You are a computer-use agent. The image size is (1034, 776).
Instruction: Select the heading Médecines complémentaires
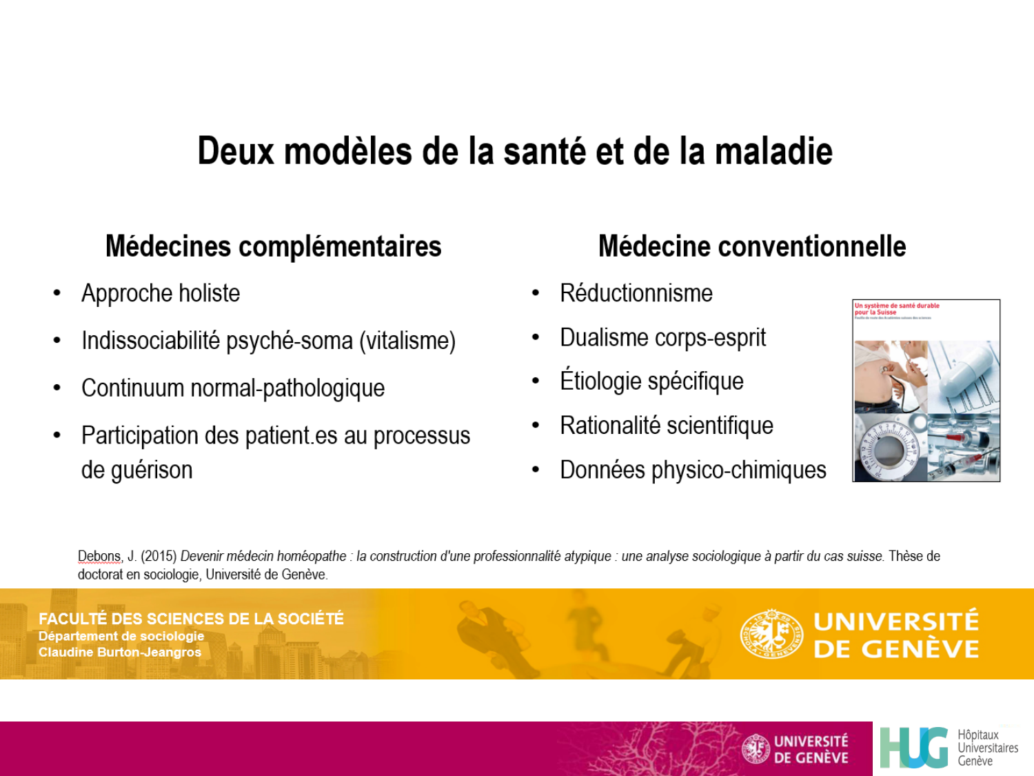273,246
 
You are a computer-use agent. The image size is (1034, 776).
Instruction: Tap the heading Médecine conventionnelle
751,246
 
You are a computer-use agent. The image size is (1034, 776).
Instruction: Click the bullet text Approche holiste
161,294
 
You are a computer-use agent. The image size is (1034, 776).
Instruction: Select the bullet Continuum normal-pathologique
233,388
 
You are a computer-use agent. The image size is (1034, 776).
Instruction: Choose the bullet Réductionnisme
636,294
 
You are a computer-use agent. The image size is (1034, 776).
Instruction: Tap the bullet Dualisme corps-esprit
662,338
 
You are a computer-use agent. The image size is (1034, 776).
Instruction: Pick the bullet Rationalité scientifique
666,426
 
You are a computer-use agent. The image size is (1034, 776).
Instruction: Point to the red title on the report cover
896,308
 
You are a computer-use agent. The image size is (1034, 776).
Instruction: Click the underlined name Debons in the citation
99,557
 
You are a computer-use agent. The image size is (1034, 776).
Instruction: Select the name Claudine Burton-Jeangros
120,653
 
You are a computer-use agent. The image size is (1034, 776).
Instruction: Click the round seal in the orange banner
771,633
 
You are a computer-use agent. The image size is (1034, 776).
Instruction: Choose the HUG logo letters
914,748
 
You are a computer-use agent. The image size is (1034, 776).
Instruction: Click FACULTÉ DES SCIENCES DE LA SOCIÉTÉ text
191,619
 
